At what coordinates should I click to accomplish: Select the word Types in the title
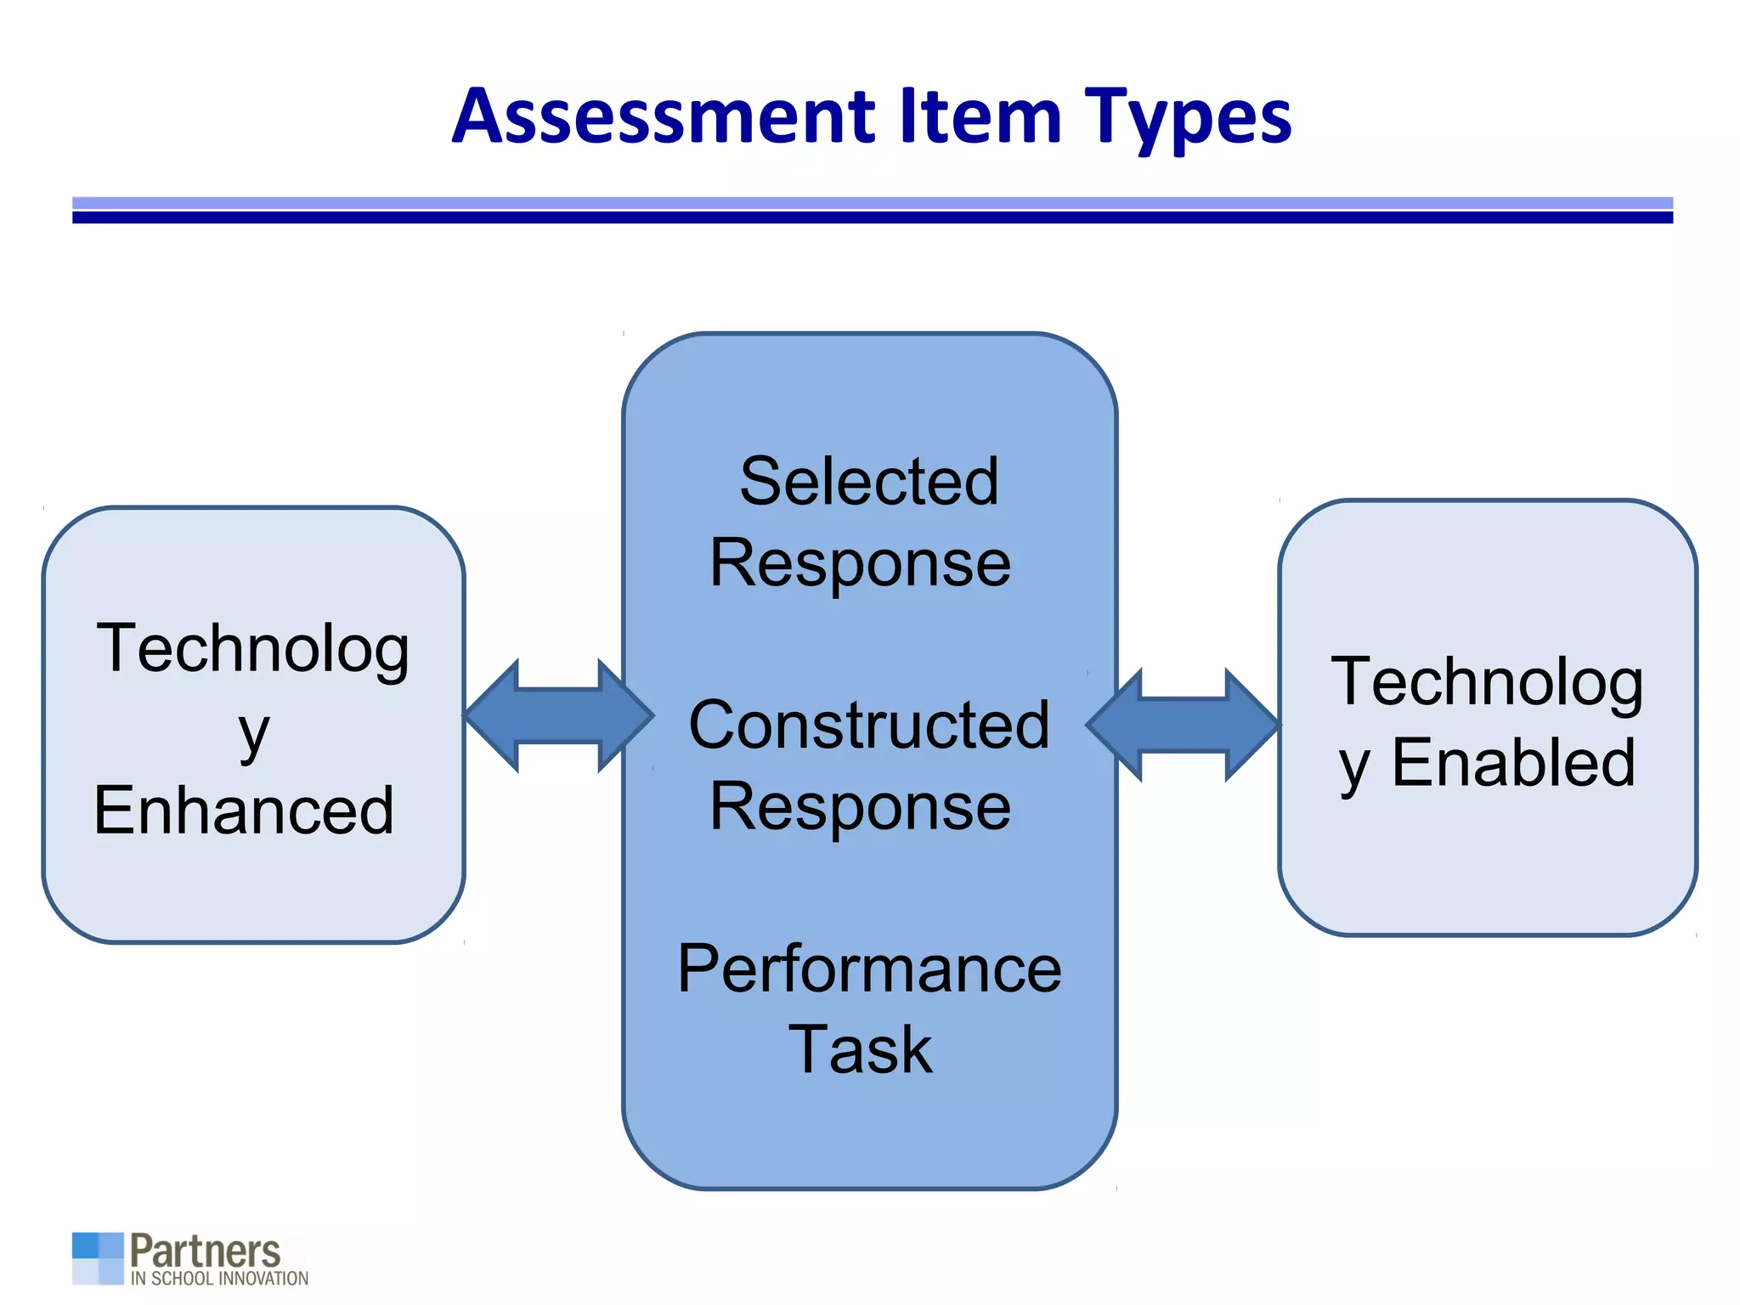tap(1188, 117)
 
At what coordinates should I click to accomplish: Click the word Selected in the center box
tap(868, 482)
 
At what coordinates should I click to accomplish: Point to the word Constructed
tap(868, 725)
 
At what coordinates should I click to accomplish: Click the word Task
tap(860, 1050)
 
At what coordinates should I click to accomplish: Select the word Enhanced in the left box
tap(244, 811)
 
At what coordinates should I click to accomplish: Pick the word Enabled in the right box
tap(1513, 763)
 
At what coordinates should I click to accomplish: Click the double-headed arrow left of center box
tap(559, 716)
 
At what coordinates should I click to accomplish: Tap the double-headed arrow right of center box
tap(1183, 724)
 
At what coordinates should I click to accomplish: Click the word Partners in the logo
tap(205, 1251)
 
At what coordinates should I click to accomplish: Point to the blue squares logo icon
tap(98, 1258)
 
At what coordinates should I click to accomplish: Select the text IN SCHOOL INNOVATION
tap(219, 1279)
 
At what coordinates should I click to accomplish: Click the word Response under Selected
tap(860, 563)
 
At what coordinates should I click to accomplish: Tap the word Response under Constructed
tap(860, 806)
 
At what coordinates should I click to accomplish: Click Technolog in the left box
tap(253, 649)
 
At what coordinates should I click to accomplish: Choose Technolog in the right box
tap(1487, 682)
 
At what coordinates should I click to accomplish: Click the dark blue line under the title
tap(872, 218)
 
